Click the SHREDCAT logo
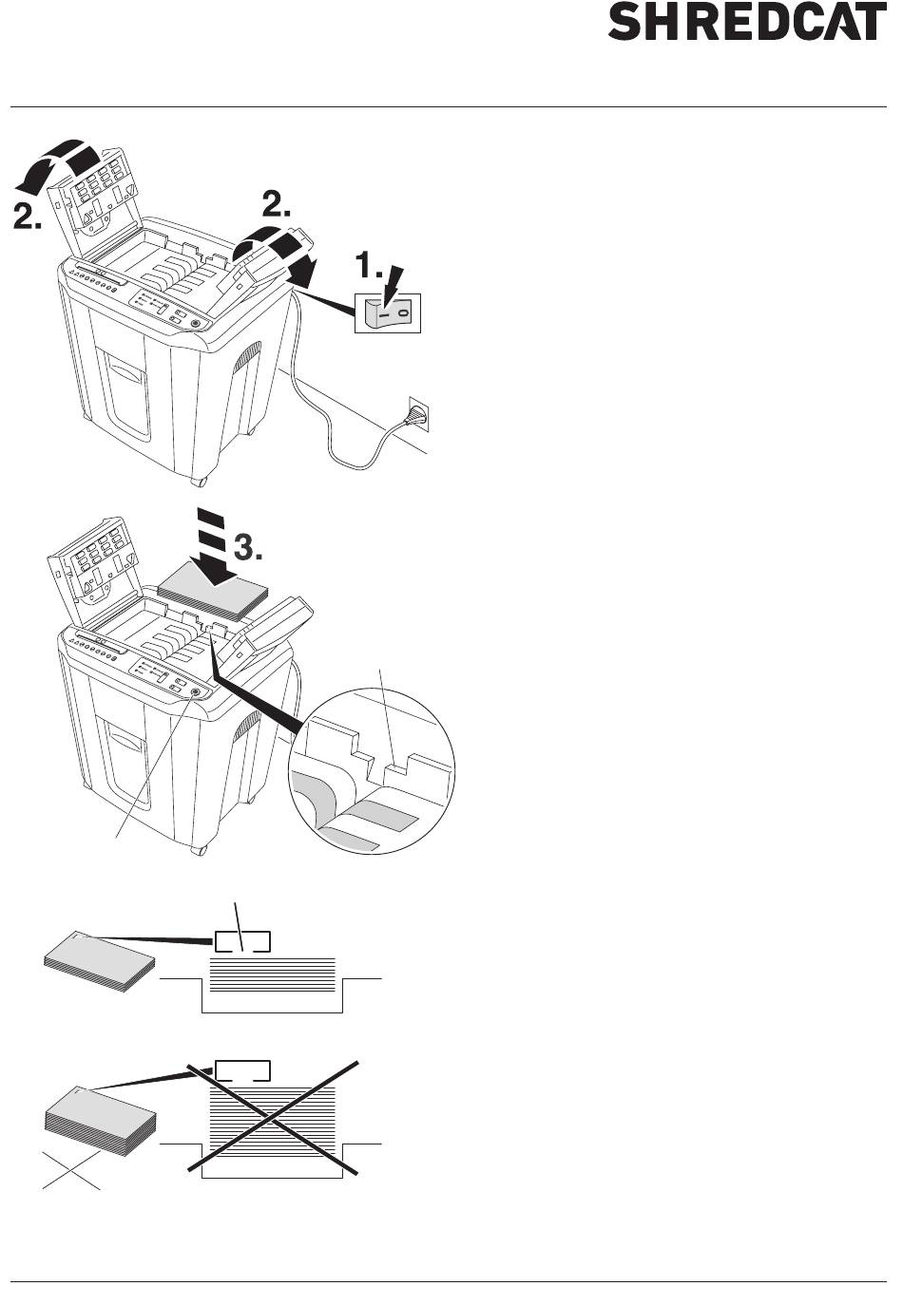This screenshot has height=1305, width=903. pos(747,22)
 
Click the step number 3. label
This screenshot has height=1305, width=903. pos(248,548)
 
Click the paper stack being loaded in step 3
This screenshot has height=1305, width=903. pos(213,594)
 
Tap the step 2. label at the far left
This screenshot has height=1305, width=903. pos(27,217)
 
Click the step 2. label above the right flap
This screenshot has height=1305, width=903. pos(277,206)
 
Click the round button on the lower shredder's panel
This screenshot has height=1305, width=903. pos(195,692)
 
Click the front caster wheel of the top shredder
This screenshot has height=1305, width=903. pos(200,482)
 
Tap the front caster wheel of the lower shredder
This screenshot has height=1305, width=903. pos(200,850)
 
